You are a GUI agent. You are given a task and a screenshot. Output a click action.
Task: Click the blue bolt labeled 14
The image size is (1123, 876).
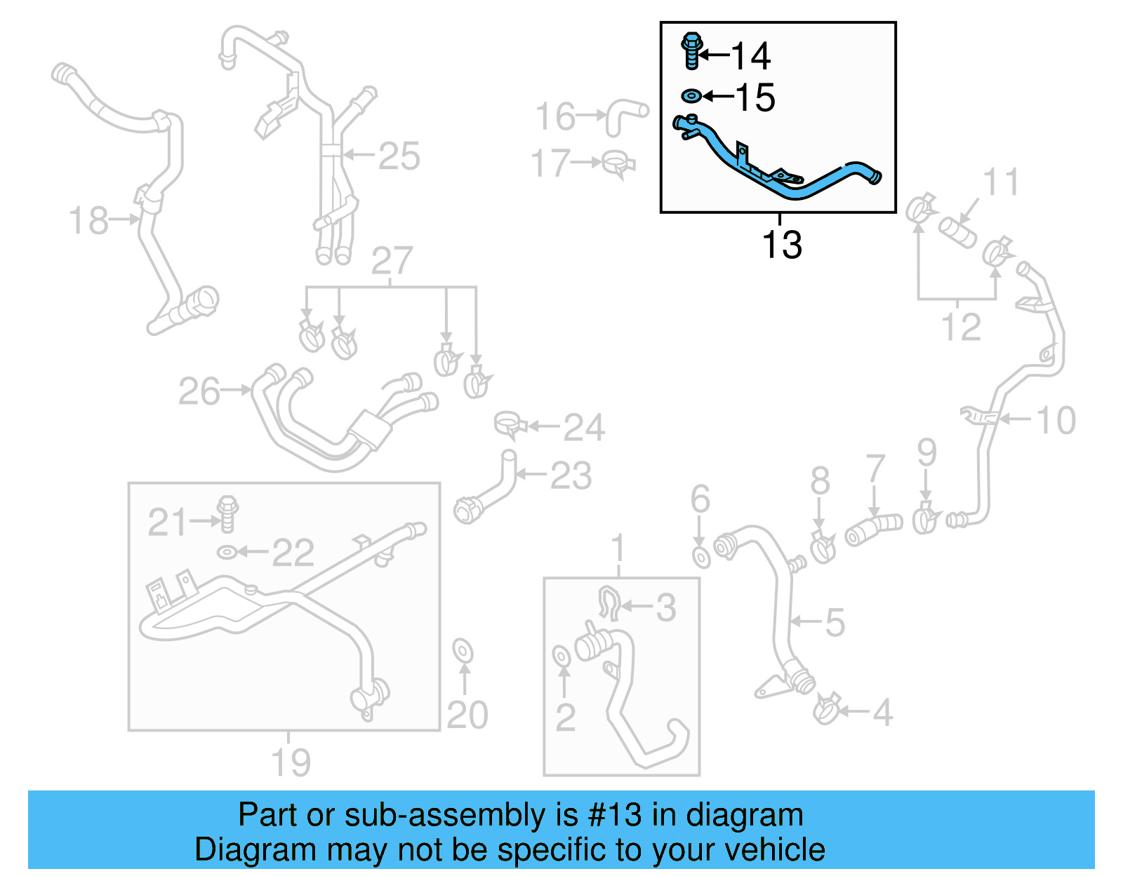[x=691, y=51]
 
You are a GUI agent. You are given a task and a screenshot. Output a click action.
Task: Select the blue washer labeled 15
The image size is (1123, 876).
[x=691, y=95]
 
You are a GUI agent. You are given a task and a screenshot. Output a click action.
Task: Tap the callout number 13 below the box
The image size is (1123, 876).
[x=781, y=245]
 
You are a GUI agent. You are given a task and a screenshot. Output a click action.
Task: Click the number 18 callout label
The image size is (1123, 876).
[x=88, y=220]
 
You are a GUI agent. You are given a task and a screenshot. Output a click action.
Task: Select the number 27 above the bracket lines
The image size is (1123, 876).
[x=391, y=261]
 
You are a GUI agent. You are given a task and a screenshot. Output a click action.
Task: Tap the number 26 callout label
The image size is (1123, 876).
[x=199, y=391]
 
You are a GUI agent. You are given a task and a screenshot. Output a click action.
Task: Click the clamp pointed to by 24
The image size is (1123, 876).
[x=510, y=425]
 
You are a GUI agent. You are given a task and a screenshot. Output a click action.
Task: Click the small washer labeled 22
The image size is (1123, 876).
[x=227, y=553]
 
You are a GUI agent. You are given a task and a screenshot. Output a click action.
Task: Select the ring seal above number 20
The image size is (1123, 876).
[x=463, y=650]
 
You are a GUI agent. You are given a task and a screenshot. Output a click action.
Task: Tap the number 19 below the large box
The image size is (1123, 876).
[x=291, y=762]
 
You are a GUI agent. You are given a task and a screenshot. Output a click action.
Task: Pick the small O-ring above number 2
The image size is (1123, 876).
[x=561, y=656]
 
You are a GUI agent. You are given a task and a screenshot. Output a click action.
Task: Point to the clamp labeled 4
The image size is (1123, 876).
[x=827, y=710]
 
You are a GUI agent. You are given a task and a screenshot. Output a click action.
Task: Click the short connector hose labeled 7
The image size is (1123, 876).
[x=874, y=529]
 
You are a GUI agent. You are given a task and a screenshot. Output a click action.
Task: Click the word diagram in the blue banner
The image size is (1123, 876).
[x=745, y=816]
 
